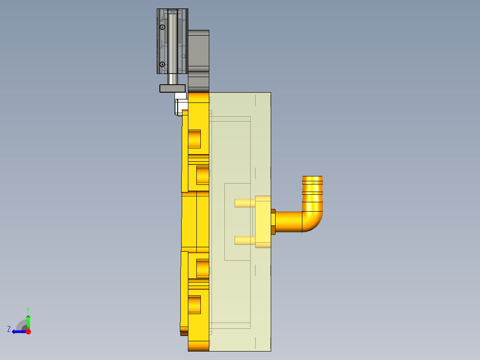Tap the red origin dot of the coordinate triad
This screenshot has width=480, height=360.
point(28,331)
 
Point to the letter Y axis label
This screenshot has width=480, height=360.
point(28,309)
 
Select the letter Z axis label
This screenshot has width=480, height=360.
point(9,329)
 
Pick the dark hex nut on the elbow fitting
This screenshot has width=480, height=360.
point(273,221)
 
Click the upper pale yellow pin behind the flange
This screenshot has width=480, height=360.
point(245,203)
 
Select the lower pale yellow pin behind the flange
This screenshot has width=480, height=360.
point(245,241)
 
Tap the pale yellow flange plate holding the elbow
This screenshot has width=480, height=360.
point(263,221)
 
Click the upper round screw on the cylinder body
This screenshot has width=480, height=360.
point(163,28)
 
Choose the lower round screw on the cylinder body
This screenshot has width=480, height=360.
point(163,64)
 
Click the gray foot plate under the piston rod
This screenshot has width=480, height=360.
point(172,88)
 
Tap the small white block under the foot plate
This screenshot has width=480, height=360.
point(180,95)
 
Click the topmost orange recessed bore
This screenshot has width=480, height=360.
point(194,139)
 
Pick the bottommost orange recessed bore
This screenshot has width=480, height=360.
point(194,305)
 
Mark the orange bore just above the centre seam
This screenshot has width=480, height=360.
point(203,175)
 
